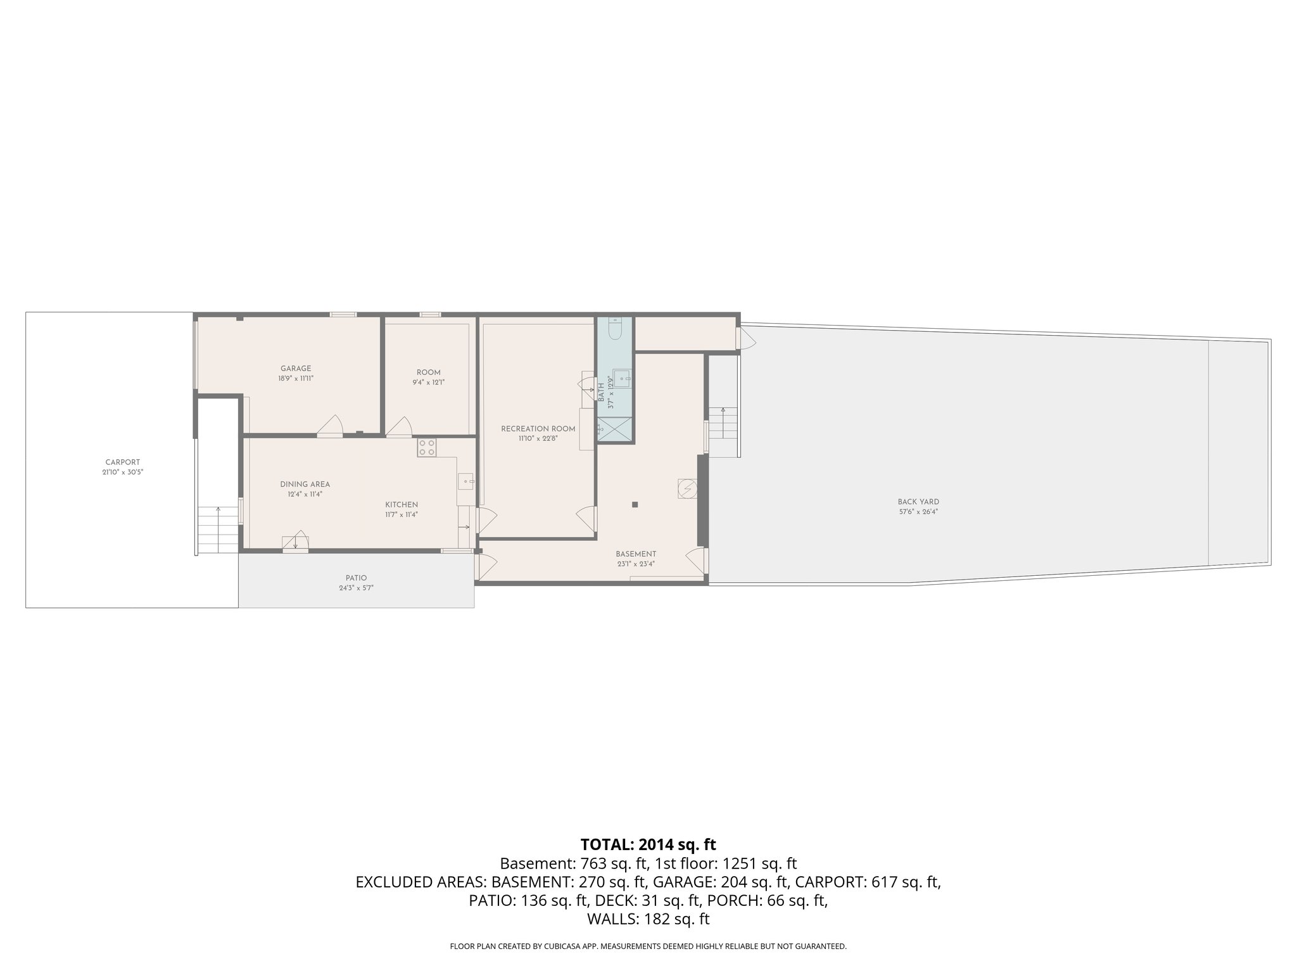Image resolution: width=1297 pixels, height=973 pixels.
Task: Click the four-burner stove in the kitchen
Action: pyautogui.click(x=426, y=448)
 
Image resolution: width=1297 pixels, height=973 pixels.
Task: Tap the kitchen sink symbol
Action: pyautogui.click(x=466, y=481)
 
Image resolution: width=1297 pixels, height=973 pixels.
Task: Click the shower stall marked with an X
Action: pyautogui.click(x=615, y=428)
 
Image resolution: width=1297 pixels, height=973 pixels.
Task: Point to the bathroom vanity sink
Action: pyautogui.click(x=622, y=379)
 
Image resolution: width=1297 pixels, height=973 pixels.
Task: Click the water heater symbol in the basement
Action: pyautogui.click(x=687, y=489)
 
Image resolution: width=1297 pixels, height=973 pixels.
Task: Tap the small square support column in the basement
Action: pyautogui.click(x=635, y=504)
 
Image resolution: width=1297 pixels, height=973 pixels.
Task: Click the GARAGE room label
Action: pyautogui.click(x=296, y=369)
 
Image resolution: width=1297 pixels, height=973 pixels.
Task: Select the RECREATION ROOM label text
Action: pyautogui.click(x=538, y=429)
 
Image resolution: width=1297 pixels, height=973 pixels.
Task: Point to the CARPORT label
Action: pyautogui.click(x=123, y=462)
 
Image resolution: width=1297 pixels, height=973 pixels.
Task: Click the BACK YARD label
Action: pyautogui.click(x=918, y=502)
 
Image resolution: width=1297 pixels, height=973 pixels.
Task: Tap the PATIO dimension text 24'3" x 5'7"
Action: pyautogui.click(x=356, y=588)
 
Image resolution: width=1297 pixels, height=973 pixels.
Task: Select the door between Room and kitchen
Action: pyautogui.click(x=399, y=427)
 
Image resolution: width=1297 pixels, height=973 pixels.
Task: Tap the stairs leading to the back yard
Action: pyautogui.click(x=723, y=423)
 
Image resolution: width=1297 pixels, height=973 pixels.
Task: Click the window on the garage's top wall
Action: pyautogui.click(x=343, y=314)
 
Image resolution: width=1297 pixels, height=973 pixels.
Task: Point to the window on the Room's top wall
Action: pyautogui.click(x=430, y=314)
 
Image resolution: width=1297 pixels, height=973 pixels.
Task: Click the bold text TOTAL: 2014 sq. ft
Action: pyautogui.click(x=648, y=844)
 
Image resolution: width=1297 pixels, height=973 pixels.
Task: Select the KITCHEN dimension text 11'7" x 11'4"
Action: pyautogui.click(x=402, y=514)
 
